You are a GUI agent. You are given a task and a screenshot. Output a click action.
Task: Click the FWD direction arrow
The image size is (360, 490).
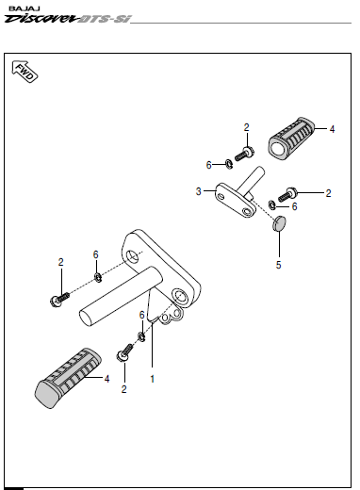(x=25, y=72)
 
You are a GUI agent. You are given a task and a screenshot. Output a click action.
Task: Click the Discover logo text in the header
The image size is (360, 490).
(x=41, y=19)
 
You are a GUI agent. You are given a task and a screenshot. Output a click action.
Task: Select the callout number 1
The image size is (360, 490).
(x=153, y=379)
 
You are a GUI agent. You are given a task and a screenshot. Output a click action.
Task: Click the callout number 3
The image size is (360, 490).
(x=198, y=191)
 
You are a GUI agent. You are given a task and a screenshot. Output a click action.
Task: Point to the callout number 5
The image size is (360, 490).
(x=279, y=265)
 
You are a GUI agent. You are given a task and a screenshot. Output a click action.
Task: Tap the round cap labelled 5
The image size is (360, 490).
(x=279, y=223)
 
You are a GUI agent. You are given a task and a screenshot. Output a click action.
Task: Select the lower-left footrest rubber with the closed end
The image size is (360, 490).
(x=68, y=378)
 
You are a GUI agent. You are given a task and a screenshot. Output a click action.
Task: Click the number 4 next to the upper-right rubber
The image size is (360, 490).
(x=332, y=129)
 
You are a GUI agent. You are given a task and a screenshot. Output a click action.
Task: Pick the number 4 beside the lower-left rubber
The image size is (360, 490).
(x=106, y=379)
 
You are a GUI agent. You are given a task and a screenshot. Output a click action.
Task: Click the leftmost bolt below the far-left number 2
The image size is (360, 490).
(x=59, y=299)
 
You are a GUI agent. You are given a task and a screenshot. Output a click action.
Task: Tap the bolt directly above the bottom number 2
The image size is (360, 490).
(x=125, y=352)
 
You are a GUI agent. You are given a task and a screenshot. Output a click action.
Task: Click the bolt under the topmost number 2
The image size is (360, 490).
(x=245, y=154)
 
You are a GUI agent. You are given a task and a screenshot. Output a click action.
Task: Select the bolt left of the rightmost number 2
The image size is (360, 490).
(x=287, y=194)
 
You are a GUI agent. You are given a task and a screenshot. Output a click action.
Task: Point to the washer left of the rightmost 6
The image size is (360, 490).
(x=272, y=204)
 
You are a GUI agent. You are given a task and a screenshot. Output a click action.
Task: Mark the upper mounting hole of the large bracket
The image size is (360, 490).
(x=134, y=256)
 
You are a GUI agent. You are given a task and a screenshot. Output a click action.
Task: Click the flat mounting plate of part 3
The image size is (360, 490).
(x=236, y=201)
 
